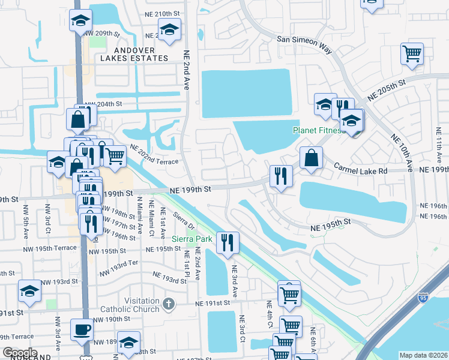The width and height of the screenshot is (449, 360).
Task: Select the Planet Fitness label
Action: click(316, 130)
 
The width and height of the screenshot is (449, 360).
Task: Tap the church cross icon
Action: click(169, 304)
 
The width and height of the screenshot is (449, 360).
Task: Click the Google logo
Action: click(19, 353)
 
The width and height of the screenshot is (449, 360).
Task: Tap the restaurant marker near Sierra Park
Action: click(228, 242)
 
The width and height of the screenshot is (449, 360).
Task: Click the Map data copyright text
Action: click(423, 355)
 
